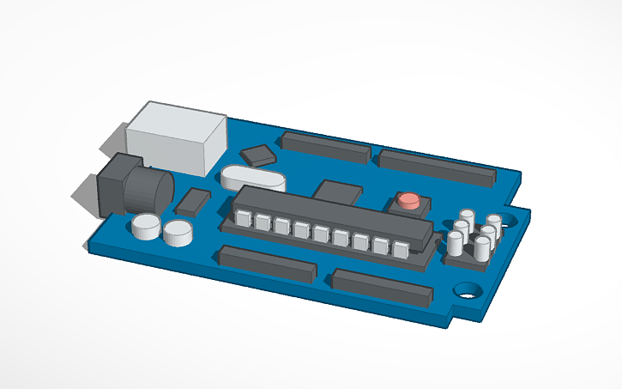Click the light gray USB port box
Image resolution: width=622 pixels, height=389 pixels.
(176, 136)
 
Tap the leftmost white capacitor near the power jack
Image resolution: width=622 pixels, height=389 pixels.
(146, 227)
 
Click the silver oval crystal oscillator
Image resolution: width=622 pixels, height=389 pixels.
(251, 179)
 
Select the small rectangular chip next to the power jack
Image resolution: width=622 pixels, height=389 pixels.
(193, 202)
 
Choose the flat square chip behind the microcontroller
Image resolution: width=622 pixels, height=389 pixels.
(337, 191)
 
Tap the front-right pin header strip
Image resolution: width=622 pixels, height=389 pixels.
(382, 288)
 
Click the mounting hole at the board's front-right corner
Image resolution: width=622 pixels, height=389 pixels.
(469, 290)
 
